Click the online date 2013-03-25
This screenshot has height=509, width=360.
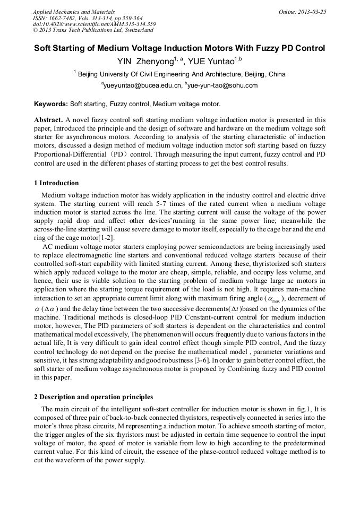[x=311, y=11]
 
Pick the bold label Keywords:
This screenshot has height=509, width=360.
[x=51, y=104]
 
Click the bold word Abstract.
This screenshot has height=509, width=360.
[x=48, y=120]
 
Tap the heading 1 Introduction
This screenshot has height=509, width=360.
[x=56, y=183]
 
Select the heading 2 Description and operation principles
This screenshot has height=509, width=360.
[x=93, y=397]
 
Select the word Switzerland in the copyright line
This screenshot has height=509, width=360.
[x=139, y=30]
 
